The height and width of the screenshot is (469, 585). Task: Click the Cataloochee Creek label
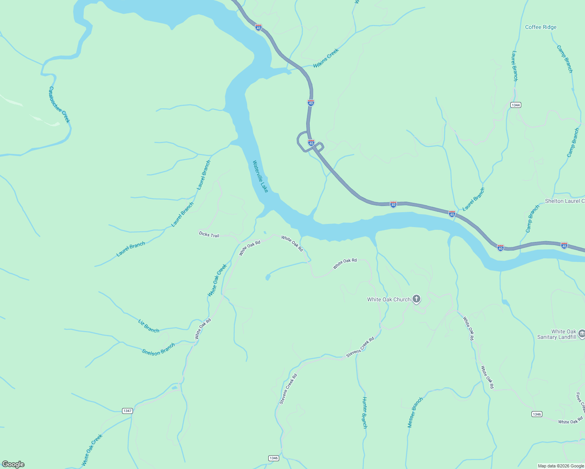click(59, 105)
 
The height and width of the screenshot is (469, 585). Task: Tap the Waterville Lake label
click(260, 176)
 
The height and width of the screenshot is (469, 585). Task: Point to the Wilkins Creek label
click(326, 59)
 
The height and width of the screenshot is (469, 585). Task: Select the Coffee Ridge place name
click(540, 27)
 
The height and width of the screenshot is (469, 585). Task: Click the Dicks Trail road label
click(209, 234)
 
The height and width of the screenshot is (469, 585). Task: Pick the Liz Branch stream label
click(149, 326)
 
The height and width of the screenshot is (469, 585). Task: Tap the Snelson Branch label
click(158, 349)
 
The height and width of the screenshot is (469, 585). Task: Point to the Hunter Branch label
click(364, 413)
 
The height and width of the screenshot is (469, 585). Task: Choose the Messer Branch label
click(415, 413)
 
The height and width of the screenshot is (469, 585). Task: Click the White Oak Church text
click(389, 299)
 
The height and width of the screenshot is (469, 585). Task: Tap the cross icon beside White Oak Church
click(416, 299)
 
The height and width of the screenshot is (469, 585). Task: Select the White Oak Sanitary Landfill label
click(557, 334)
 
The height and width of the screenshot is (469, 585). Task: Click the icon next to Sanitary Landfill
click(581, 333)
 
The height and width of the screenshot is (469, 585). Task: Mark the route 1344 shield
click(516, 105)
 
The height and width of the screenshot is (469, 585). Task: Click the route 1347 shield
click(127, 411)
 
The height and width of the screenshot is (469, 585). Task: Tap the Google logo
click(13, 464)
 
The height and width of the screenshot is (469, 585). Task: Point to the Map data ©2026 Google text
click(561, 466)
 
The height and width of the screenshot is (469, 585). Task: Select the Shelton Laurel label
click(565, 201)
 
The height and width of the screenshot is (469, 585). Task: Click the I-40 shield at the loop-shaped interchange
click(311, 143)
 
